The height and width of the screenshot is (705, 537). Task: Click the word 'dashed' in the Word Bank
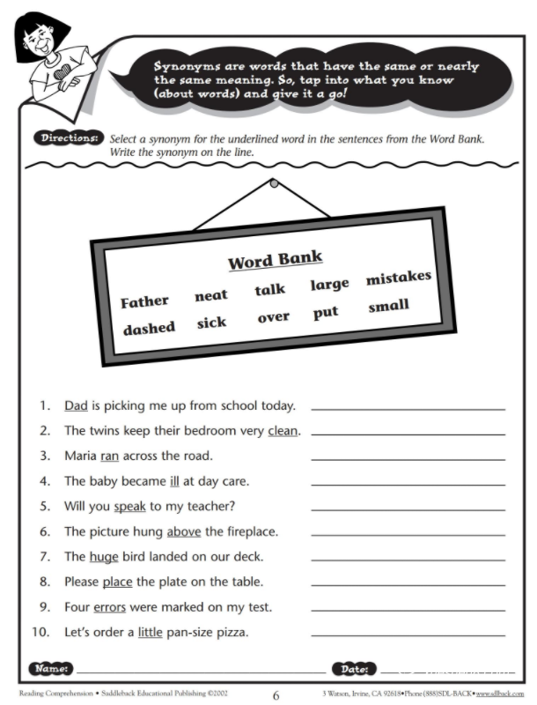tap(148, 328)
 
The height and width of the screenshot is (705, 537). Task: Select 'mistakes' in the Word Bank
tap(398, 278)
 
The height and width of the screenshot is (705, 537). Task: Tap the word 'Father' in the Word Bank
tap(144, 301)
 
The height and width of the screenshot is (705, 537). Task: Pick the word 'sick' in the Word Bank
tap(211, 323)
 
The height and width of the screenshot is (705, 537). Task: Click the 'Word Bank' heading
tap(275, 260)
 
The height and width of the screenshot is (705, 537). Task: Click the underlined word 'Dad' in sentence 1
tap(76, 406)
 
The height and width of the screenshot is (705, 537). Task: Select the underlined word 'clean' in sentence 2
tap(283, 431)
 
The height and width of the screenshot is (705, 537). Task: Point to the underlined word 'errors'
tap(110, 607)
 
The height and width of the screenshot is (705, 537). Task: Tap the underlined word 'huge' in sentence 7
tap(103, 557)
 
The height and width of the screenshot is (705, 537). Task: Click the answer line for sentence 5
tap(408, 510)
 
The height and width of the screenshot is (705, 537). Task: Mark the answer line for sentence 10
tap(408, 635)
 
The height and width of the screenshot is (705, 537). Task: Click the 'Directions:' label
tap(68, 139)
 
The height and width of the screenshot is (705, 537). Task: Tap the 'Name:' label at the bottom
tap(52, 669)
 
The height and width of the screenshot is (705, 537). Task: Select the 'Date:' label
tap(354, 669)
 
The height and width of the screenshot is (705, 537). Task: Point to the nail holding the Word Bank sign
tap(274, 183)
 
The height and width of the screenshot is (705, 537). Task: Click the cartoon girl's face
tap(37, 40)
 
